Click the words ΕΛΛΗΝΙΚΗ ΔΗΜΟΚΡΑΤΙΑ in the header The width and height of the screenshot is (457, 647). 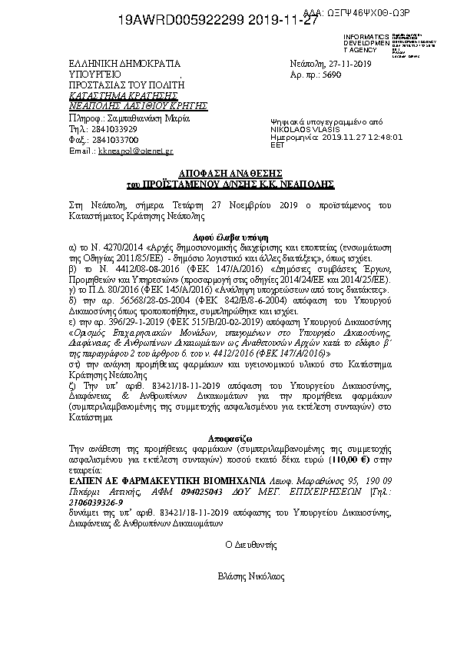click(x=124, y=65)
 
